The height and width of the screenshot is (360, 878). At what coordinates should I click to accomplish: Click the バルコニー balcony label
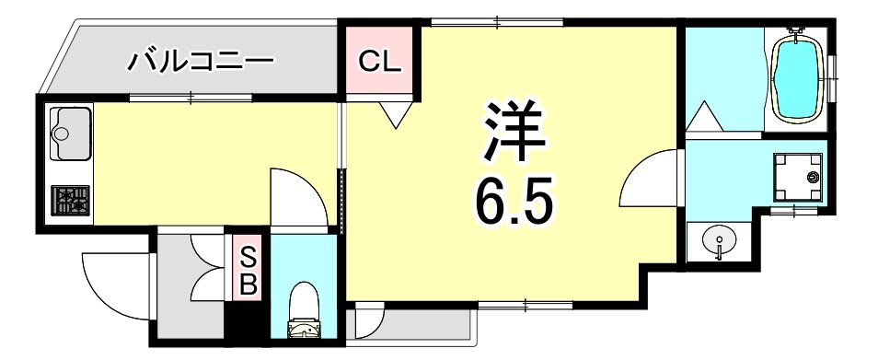[x=200, y=63]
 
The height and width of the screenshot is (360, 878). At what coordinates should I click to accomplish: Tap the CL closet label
[x=379, y=62]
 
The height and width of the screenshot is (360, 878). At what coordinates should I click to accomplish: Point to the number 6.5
[x=514, y=200]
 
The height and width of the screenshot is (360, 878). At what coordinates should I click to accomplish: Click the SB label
[x=248, y=269]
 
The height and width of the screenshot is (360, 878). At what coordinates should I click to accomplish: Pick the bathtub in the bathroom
[x=797, y=79]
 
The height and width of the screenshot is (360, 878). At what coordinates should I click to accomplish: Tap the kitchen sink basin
[x=68, y=132]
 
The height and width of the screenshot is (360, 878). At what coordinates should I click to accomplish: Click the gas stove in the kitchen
[x=70, y=200]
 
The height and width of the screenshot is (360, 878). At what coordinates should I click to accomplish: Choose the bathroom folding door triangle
[x=706, y=118]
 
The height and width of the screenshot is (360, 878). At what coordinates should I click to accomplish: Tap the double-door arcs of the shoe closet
[x=208, y=266]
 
